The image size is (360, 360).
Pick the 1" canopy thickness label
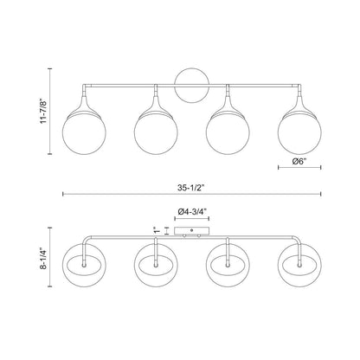pos(157,230)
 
